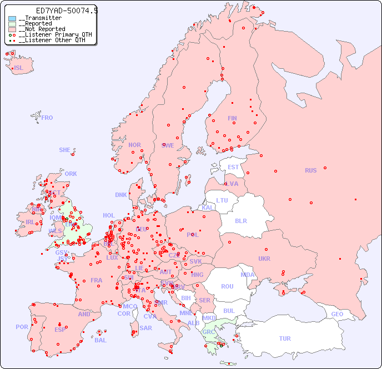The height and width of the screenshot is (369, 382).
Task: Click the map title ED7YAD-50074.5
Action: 67,11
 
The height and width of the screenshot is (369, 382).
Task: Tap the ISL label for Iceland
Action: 19,68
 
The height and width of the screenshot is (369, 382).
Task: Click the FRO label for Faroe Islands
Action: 47,118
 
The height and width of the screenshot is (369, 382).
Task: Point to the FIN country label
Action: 232,118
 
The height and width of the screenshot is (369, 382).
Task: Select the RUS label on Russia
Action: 310,171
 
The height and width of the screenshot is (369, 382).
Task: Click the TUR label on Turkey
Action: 285,338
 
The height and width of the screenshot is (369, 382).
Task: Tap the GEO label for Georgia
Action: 337,314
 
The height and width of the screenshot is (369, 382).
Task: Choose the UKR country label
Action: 264,259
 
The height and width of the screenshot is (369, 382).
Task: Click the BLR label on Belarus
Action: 241,220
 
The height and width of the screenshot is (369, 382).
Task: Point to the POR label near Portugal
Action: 22,327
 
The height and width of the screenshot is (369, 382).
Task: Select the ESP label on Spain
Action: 60,329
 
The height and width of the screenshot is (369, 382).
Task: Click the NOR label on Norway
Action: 134,145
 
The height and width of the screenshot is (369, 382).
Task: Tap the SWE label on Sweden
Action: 168,145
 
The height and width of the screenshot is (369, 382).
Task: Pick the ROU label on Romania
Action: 227,286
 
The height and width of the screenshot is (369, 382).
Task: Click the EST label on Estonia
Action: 233,167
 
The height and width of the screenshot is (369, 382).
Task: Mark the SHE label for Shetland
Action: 65,150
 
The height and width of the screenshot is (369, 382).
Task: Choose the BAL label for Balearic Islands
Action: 100,340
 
